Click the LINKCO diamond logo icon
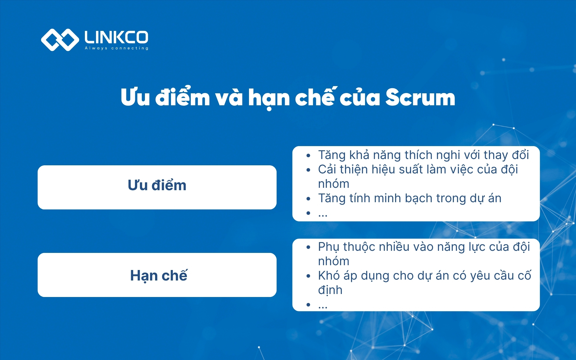point(60,40)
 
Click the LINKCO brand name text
point(116,37)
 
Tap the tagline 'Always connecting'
point(116,48)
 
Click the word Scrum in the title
point(420,97)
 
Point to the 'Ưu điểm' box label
point(157,185)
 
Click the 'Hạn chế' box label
point(159,275)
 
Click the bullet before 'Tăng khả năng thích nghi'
point(308,155)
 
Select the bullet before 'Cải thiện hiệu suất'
point(308,170)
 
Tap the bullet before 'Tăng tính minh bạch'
point(308,199)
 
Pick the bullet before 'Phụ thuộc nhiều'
point(308,247)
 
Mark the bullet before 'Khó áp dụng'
point(308,276)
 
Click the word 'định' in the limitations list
point(330,290)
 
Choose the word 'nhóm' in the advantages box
point(334,184)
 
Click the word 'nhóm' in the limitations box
point(334,261)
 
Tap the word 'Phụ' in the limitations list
point(328,247)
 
